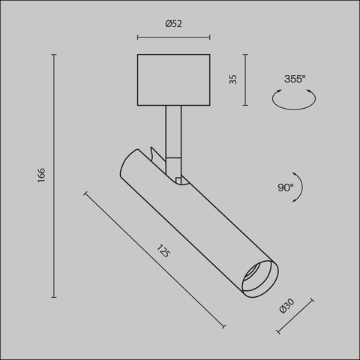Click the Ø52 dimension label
(x=174, y=23)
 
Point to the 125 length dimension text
(x=164, y=251)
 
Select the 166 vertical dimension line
(x=55, y=175)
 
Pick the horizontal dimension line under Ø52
(x=174, y=34)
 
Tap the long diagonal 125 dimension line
(x=155, y=259)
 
